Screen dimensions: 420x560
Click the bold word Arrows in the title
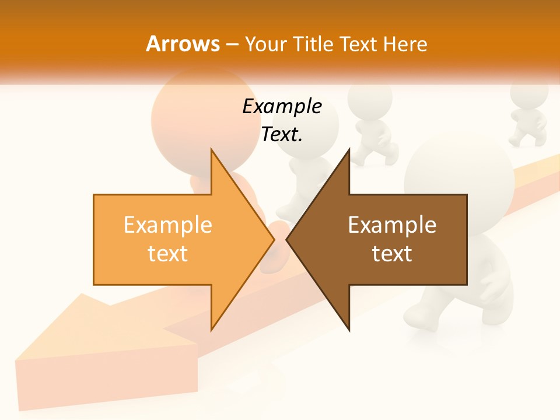(x=183, y=44)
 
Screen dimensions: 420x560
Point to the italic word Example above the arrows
(x=282, y=106)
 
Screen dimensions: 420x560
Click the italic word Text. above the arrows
(x=282, y=134)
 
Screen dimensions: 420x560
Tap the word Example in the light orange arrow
(x=168, y=225)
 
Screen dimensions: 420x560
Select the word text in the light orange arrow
(x=168, y=253)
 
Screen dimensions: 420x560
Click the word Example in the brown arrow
(x=392, y=225)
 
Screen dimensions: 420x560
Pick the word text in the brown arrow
(x=392, y=253)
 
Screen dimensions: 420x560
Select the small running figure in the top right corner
(x=528, y=114)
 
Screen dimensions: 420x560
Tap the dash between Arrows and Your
(x=231, y=44)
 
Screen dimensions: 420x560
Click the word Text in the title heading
(x=359, y=44)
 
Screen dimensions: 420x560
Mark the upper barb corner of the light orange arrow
(x=211, y=150)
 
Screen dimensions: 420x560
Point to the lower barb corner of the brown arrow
(x=349, y=330)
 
